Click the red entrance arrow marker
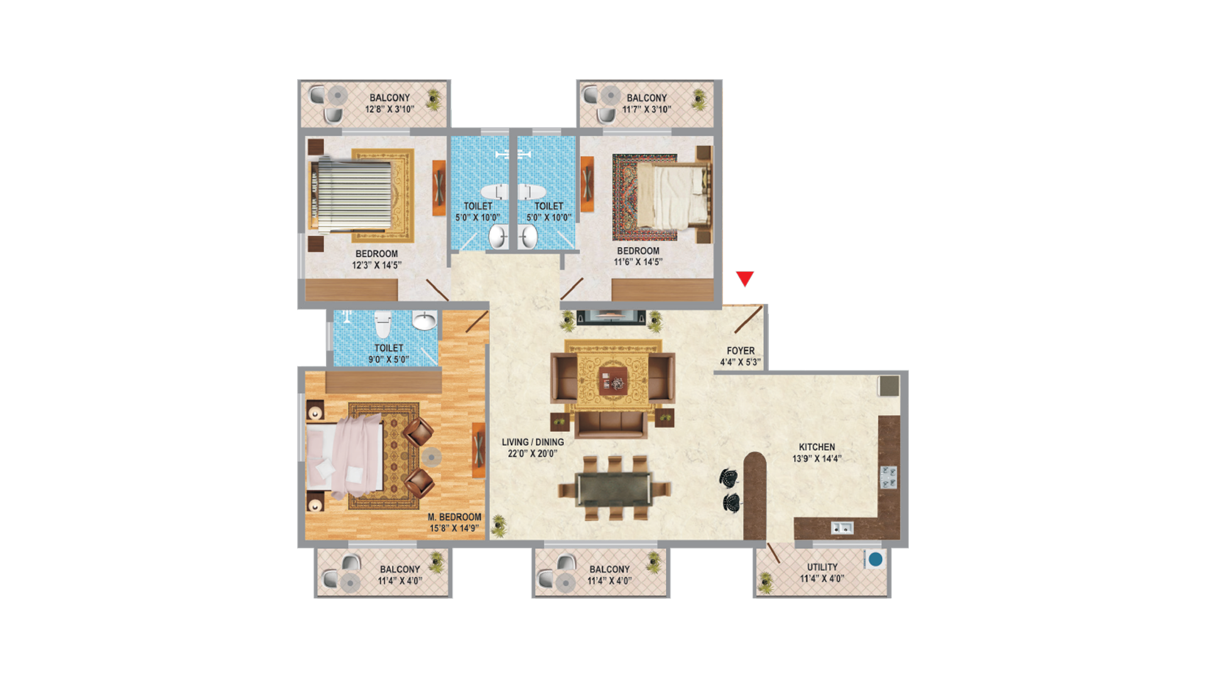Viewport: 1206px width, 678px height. pyautogui.click(x=745, y=278)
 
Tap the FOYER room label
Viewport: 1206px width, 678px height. pyautogui.click(x=741, y=351)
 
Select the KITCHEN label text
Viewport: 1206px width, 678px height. pyautogui.click(x=817, y=447)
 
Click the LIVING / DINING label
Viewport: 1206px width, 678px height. pyautogui.click(x=533, y=442)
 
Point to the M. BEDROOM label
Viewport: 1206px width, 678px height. pyautogui.click(x=455, y=517)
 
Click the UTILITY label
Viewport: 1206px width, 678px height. pyautogui.click(x=822, y=567)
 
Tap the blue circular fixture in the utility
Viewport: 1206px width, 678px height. pyautogui.click(x=876, y=559)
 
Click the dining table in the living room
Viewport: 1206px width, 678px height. pyautogui.click(x=614, y=488)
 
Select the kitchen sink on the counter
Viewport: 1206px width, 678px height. pyautogui.click(x=842, y=528)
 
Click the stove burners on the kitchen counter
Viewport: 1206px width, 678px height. pyautogui.click(x=888, y=477)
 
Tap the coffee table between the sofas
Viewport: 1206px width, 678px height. pyautogui.click(x=612, y=380)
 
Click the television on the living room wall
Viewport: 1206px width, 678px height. pyautogui.click(x=611, y=316)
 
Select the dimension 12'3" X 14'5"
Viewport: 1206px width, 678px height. pyautogui.click(x=376, y=265)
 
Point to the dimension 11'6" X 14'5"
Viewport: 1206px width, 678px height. pyautogui.click(x=638, y=262)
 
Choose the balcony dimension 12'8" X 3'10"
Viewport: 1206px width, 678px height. pyautogui.click(x=389, y=109)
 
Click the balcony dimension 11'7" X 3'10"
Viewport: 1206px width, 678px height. pyautogui.click(x=647, y=109)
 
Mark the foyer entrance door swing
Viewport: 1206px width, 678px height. pyautogui.click(x=748, y=320)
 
